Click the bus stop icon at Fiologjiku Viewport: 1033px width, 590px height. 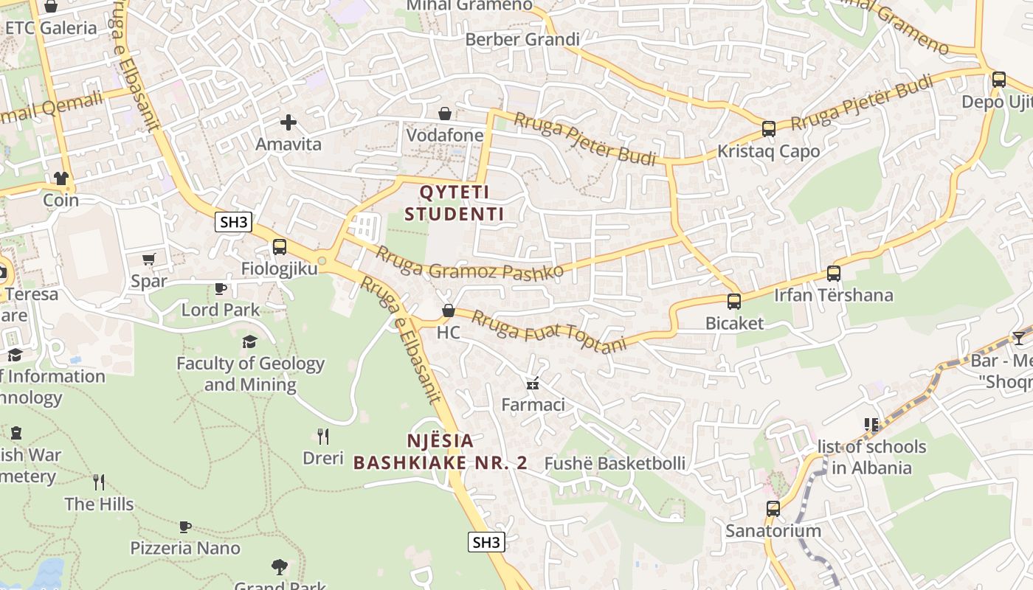279,247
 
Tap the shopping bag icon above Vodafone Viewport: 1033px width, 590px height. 445,114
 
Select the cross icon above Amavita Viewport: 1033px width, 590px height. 289,122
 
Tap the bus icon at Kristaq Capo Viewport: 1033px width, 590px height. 768,129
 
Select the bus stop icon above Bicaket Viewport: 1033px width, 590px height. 733,302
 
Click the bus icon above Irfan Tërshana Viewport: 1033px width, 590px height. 834,274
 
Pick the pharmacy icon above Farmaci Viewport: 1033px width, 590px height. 532,383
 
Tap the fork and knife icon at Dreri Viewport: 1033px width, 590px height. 322,437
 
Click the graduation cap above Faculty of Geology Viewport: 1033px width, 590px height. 250,341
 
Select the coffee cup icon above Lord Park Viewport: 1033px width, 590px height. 220,288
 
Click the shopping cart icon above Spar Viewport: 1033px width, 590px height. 148,259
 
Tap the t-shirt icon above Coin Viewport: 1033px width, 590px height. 61,178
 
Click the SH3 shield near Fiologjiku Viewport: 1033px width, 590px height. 233,222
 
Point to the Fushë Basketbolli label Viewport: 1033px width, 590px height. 615,464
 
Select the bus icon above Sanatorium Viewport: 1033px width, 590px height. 773,509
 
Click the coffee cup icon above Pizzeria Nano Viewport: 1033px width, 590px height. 185,527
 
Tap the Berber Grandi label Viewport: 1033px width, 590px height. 522,39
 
